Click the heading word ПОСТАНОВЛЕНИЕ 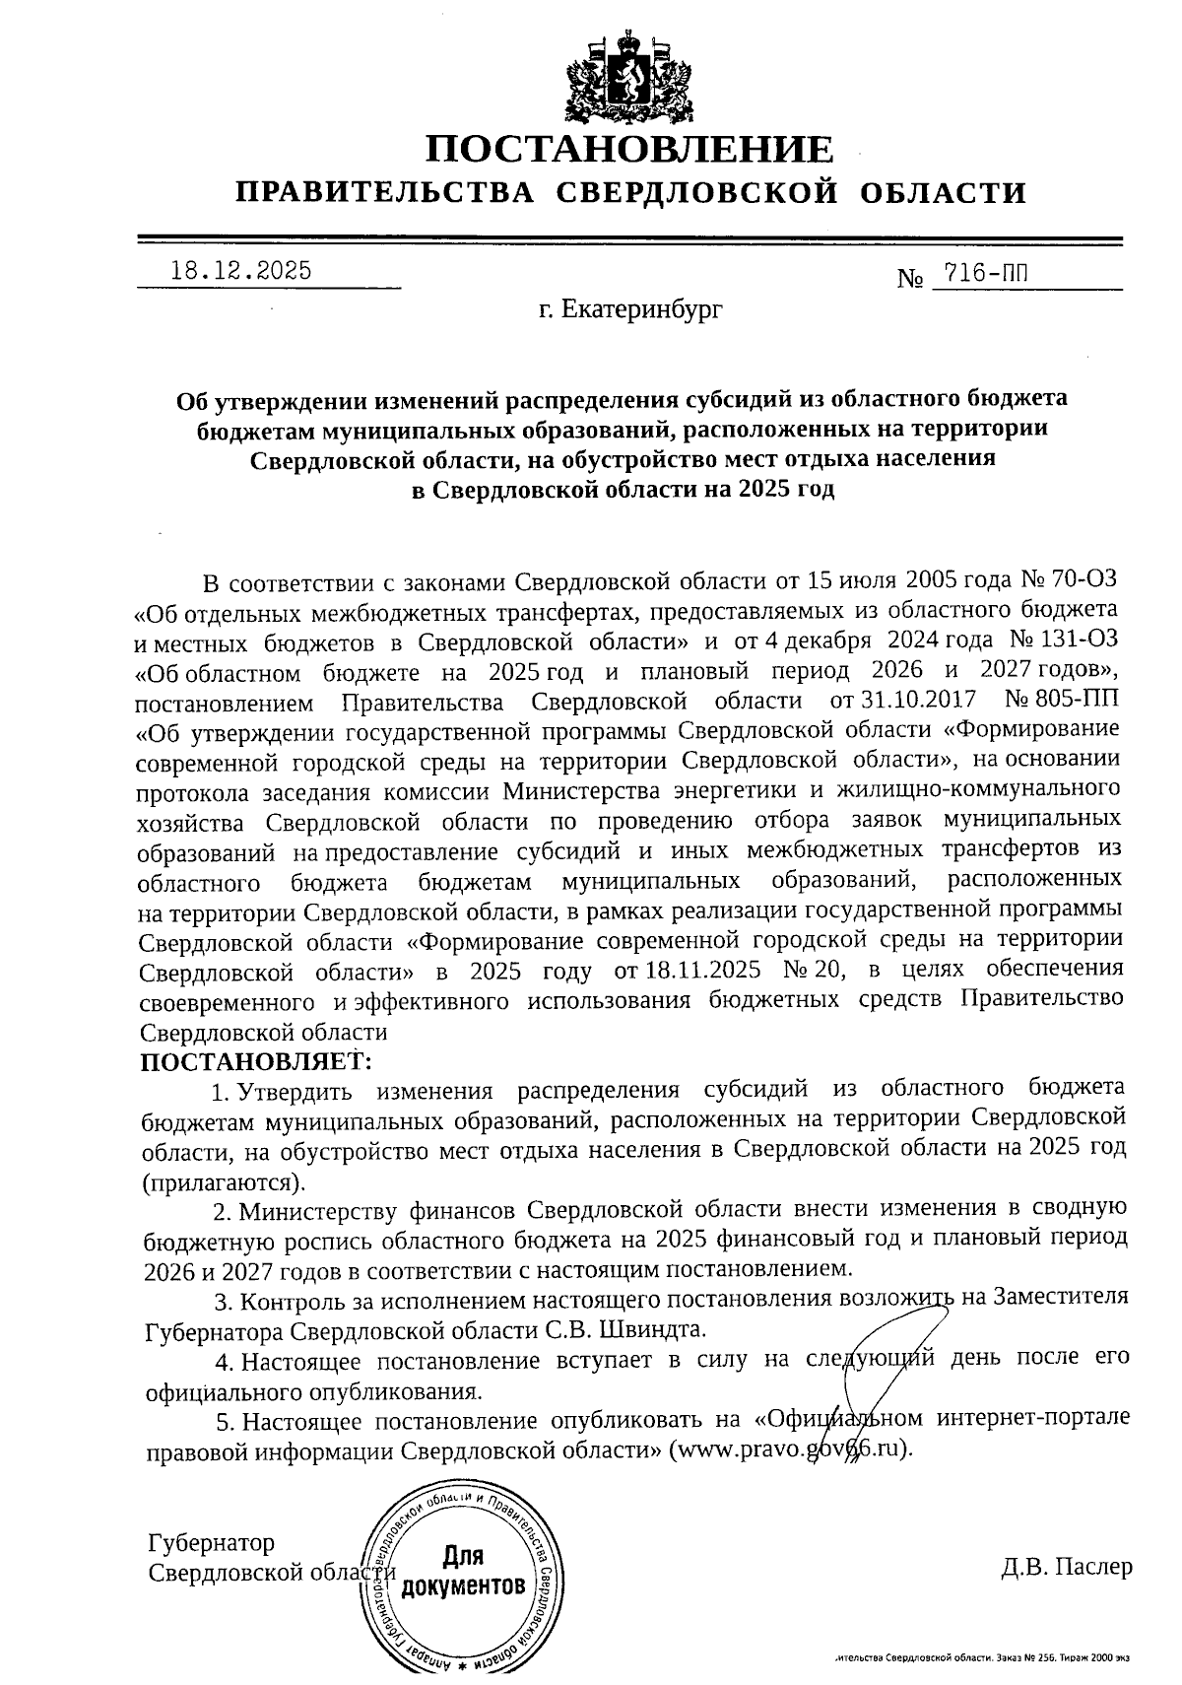630,150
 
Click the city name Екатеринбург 630,311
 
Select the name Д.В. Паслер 1066,1567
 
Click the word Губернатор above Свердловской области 211,1542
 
